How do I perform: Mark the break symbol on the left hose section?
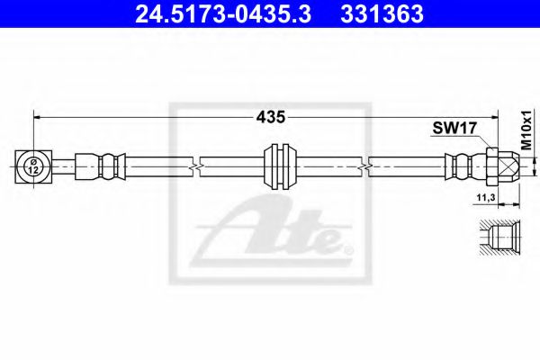195,166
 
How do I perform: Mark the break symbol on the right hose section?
368,166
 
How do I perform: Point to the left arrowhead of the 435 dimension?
38,116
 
